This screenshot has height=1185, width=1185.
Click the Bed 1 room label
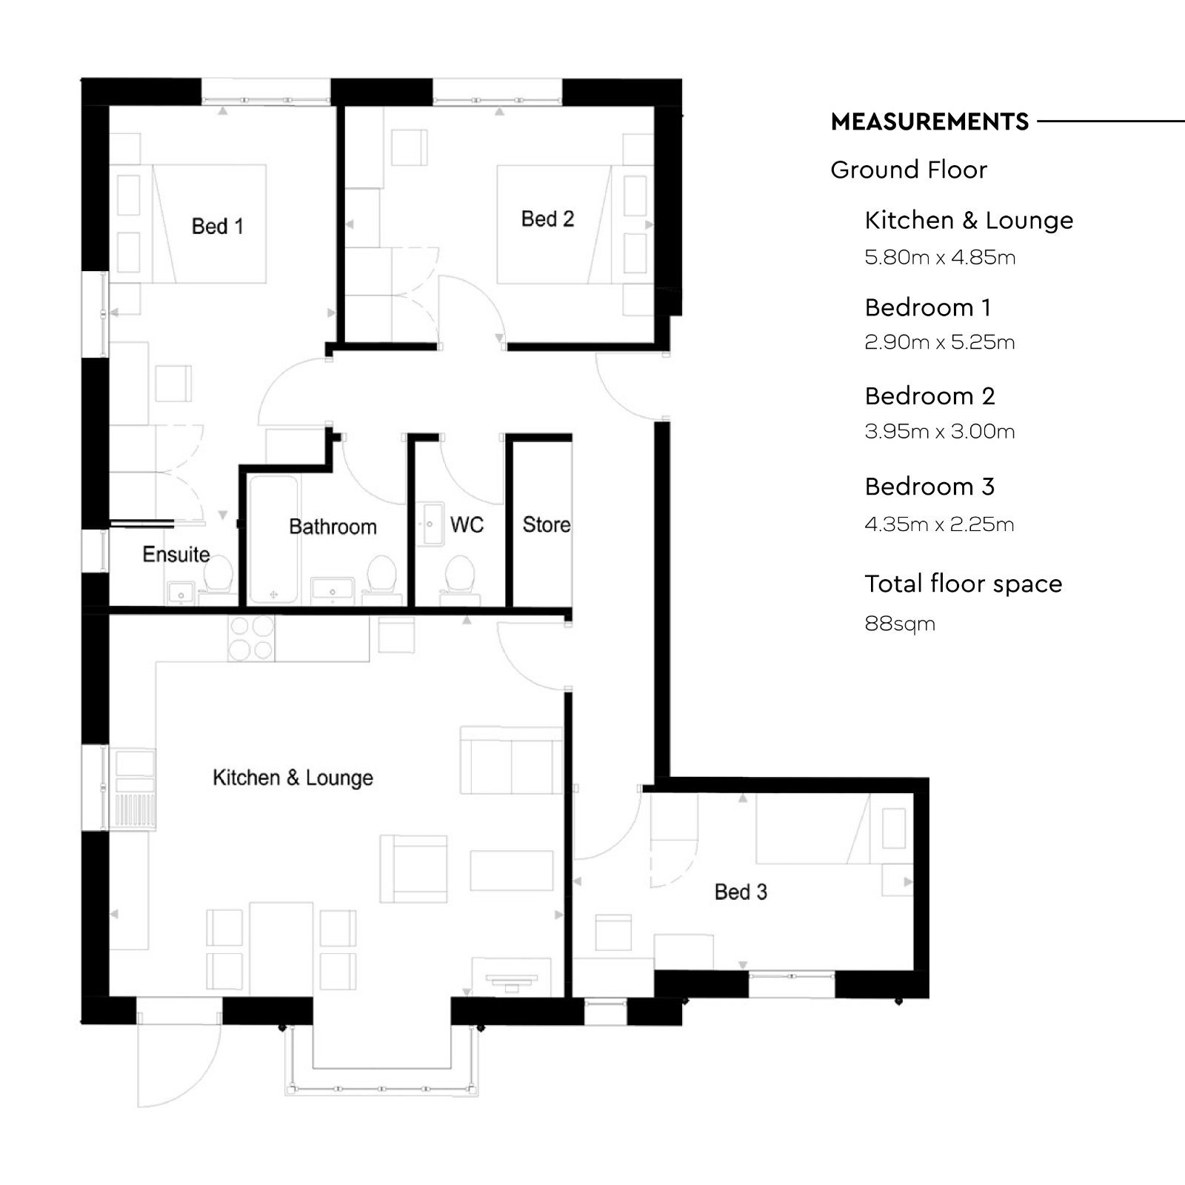coord(217,226)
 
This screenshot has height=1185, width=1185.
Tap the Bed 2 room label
coord(547,218)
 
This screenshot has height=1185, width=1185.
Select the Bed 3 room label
coord(741,892)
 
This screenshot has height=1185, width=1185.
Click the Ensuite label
coord(176,554)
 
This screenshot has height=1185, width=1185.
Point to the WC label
coord(467,525)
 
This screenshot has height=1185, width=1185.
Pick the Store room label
coord(547,524)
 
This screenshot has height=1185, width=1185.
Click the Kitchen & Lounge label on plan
coord(293,778)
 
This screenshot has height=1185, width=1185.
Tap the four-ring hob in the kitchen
coord(251,638)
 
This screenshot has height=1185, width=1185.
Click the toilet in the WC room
coord(460,575)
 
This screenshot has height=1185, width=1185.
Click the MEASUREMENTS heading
coord(929,121)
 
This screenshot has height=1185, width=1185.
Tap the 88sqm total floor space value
coord(900,624)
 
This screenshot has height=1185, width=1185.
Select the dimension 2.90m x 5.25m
coord(939,342)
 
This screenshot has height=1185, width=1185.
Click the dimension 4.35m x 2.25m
coord(939,524)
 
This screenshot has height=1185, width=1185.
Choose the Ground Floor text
coord(909,170)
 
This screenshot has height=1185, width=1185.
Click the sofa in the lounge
coord(511,761)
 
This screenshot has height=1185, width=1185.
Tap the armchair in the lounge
coord(413,869)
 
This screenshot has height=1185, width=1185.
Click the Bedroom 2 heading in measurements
coord(929,396)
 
